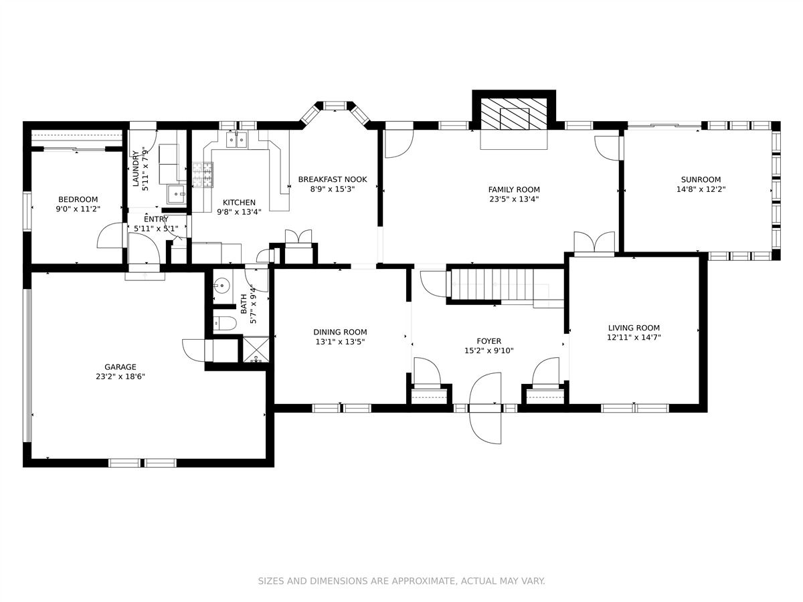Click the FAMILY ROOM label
[x=513, y=189]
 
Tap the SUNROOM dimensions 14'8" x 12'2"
[x=701, y=189]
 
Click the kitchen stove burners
[x=202, y=175]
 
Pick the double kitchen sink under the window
[x=238, y=139]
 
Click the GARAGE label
[x=120, y=367]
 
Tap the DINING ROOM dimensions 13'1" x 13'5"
[x=340, y=342]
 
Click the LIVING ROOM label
[x=634, y=328]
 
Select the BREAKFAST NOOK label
[x=333, y=179]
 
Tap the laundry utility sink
[x=176, y=195]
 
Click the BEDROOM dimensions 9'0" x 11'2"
[x=78, y=209]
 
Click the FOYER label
[x=488, y=341]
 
